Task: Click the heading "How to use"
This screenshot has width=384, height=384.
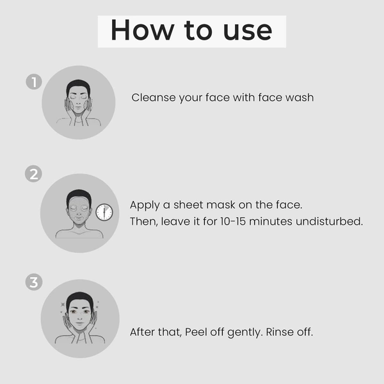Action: (x=191, y=31)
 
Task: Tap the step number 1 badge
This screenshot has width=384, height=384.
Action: (x=34, y=82)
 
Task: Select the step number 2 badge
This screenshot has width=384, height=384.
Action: (x=34, y=173)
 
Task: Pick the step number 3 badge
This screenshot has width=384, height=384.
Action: (x=34, y=282)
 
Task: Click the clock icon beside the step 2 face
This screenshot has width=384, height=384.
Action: (x=104, y=212)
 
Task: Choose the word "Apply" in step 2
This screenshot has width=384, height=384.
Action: (x=145, y=206)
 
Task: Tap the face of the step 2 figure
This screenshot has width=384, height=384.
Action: (x=79, y=211)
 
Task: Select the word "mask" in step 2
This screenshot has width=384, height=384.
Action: (x=221, y=205)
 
